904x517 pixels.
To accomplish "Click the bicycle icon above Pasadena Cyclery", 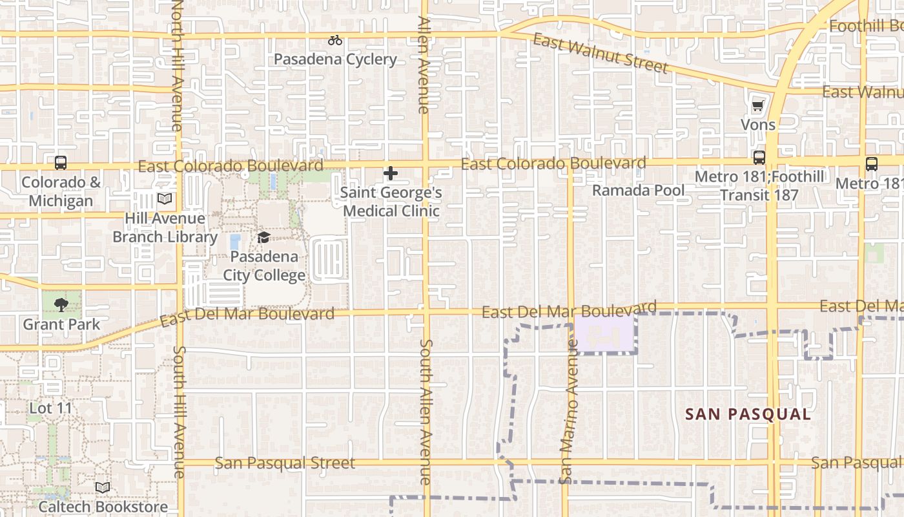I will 334,40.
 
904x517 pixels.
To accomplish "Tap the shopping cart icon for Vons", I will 758,105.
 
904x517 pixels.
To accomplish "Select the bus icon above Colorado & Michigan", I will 61,163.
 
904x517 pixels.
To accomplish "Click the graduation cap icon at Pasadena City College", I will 263,238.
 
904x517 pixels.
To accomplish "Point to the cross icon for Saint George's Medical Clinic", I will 391,173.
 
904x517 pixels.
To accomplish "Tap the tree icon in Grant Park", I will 61,304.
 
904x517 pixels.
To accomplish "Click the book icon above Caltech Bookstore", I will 103,488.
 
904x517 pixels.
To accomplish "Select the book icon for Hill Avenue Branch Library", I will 165,199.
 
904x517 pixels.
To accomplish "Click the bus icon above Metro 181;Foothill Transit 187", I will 759,158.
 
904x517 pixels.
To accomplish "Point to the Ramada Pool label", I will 638,191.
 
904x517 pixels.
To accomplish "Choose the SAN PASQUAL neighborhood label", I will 748,414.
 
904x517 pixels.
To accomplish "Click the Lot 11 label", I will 51,408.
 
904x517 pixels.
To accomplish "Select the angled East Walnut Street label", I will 600,53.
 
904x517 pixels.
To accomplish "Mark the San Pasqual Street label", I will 285,463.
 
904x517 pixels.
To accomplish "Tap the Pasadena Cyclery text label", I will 335,59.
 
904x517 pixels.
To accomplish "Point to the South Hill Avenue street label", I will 179,412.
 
